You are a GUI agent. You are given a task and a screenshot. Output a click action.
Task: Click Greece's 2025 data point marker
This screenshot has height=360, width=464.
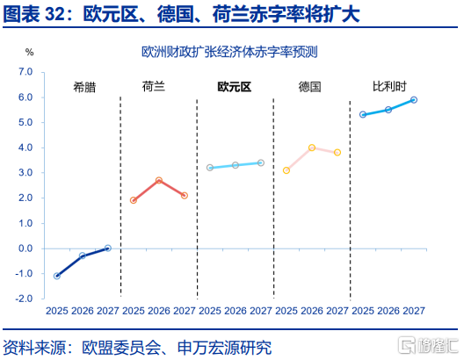(x=57, y=276)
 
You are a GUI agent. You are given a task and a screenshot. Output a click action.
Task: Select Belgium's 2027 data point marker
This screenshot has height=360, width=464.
(x=414, y=100)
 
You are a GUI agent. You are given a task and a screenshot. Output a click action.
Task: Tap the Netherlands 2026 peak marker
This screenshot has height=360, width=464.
(x=159, y=180)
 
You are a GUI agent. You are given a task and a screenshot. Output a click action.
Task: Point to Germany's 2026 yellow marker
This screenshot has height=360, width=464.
(x=312, y=148)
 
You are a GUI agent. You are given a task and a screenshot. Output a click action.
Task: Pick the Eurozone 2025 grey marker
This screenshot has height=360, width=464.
(x=210, y=168)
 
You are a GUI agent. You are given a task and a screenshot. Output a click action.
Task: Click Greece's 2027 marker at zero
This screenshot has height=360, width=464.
(x=108, y=248)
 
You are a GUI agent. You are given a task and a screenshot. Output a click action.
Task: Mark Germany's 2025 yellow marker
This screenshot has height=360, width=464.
(x=286, y=170)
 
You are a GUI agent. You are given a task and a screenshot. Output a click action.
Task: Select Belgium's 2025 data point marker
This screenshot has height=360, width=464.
(x=363, y=114)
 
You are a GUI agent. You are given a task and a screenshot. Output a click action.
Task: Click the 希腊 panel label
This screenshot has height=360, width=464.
(x=84, y=87)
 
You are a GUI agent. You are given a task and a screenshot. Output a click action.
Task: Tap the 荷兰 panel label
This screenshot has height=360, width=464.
(x=153, y=87)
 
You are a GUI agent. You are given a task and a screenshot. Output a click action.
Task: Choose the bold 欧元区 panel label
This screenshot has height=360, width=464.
(x=235, y=87)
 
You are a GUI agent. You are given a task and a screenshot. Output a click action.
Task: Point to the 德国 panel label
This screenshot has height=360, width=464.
(x=309, y=87)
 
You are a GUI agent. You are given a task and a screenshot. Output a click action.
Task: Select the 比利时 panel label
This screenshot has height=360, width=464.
(x=389, y=86)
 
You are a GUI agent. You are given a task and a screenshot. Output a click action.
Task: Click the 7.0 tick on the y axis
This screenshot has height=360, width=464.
(x=25, y=72)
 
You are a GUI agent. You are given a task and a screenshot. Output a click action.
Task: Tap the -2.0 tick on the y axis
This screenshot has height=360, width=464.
(x=24, y=299)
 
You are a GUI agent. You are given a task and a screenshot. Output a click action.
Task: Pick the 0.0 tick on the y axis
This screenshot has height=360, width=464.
(x=25, y=248)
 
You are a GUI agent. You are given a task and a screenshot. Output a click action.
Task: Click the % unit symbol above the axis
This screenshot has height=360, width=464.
(x=29, y=53)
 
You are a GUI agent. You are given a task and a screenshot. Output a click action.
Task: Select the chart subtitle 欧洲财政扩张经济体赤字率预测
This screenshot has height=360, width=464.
(x=229, y=53)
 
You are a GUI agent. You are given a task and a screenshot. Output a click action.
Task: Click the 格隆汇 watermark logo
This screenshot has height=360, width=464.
(x=428, y=345)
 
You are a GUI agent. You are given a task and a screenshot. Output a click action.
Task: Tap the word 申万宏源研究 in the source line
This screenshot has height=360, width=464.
(x=225, y=348)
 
